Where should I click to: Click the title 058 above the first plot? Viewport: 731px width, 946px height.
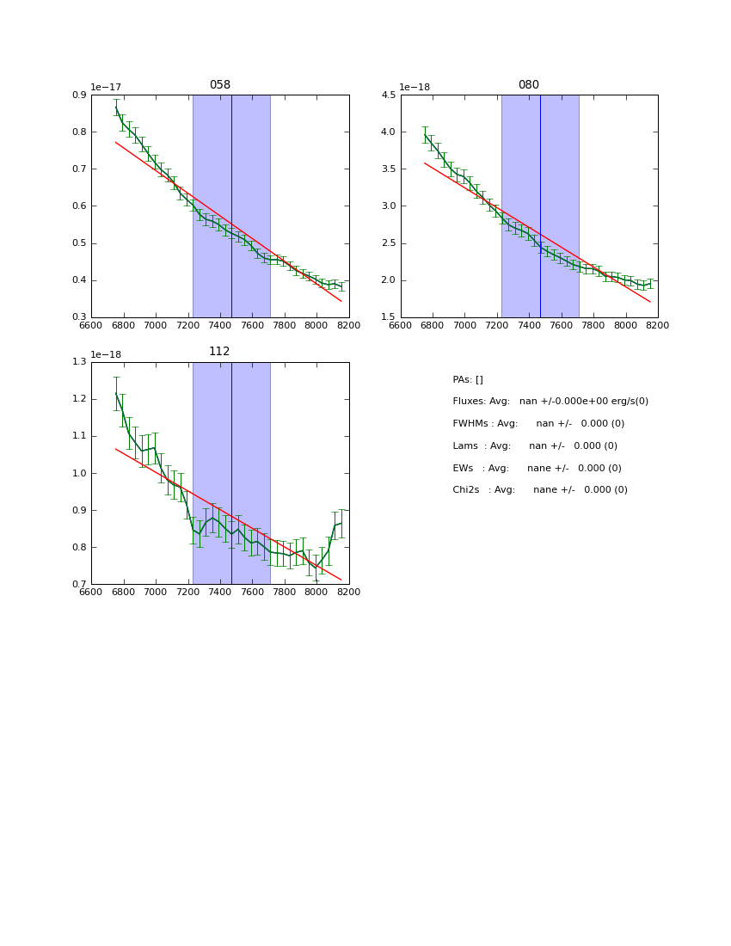click(220, 85)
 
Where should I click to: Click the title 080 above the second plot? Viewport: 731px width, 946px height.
click(529, 85)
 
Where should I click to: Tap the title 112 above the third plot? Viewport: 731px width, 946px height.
click(220, 352)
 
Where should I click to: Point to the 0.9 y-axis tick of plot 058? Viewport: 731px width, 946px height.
click(79, 95)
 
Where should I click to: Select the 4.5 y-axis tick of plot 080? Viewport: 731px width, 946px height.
click(388, 95)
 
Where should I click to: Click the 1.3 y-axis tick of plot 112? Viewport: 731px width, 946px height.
click(79, 362)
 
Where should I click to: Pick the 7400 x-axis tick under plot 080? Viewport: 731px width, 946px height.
click(529, 325)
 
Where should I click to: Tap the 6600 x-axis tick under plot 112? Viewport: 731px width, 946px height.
click(91, 592)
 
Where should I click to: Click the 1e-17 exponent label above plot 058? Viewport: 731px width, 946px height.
click(106, 87)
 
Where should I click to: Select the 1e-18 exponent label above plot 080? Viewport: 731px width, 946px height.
click(415, 87)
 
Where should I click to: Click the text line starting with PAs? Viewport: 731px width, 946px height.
click(468, 379)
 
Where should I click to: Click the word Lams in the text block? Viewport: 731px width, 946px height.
click(465, 446)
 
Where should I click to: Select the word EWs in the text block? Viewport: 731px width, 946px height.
click(464, 469)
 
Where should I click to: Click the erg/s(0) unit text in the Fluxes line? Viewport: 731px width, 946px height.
click(627, 402)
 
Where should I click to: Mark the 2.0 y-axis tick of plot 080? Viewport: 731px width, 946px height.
click(388, 280)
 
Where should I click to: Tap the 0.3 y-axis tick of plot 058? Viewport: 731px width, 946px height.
click(79, 317)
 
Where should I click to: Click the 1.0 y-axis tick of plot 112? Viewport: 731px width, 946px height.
click(79, 473)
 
